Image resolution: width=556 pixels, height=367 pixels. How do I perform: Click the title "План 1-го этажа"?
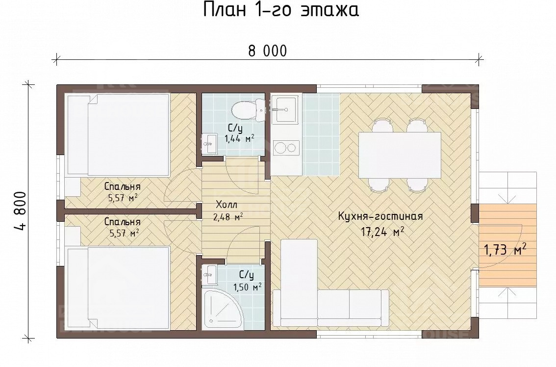coord(281,10)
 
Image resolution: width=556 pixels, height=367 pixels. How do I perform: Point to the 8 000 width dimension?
coord(267,51)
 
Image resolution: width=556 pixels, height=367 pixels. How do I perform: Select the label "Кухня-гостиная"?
coord(380,216)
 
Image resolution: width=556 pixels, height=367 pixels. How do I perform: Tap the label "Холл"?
coord(227,205)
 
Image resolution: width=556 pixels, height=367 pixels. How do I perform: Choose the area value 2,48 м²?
coord(228,216)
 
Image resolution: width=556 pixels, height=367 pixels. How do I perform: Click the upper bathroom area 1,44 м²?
coord(239,139)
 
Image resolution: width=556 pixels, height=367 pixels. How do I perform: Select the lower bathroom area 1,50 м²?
coord(246,287)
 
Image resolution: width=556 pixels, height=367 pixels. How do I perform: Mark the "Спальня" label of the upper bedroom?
coord(122,187)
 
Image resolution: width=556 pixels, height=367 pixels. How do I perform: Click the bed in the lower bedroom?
coord(118,288)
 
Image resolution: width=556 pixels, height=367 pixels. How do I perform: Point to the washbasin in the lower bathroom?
coord(210,275)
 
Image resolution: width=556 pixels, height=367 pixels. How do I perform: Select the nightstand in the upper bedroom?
coord(73,187)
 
